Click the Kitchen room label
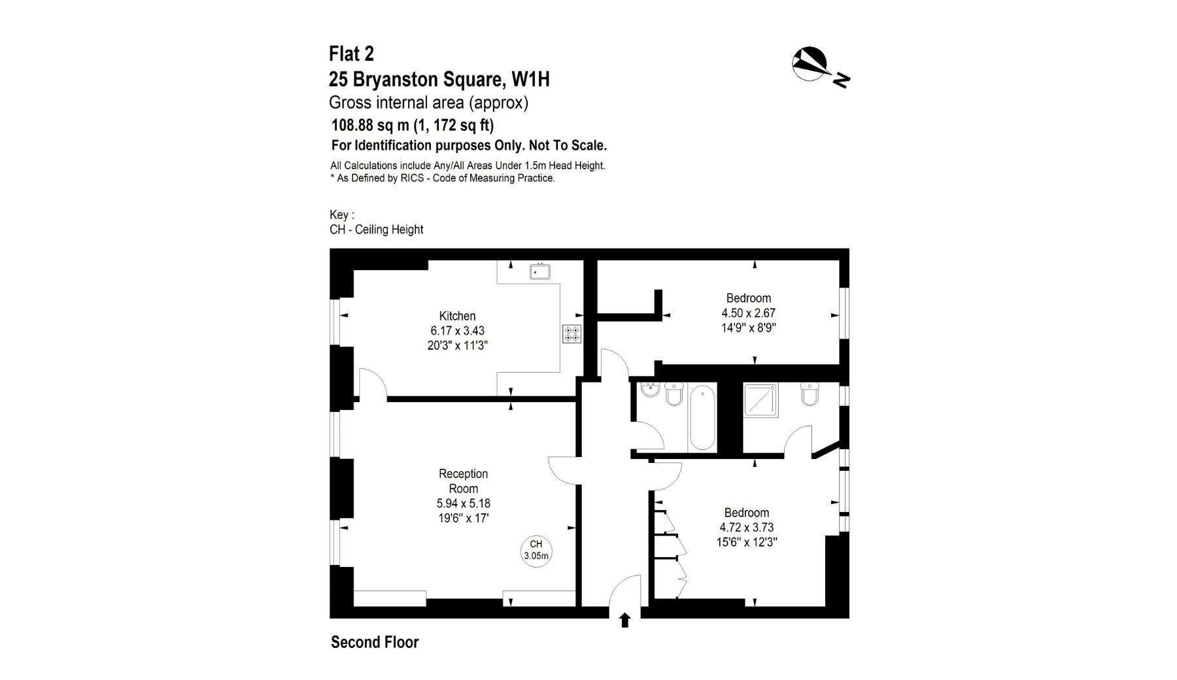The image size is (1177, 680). [457, 316]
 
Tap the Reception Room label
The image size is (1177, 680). [463, 481]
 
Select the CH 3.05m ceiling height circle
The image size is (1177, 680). [536, 551]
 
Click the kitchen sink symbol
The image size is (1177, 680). [539, 271]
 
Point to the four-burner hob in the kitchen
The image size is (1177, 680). [571, 333]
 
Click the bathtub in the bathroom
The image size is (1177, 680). [702, 417]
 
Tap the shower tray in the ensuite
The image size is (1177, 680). [761, 400]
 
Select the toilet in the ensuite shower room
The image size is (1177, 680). [810, 394]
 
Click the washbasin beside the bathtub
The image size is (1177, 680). [650, 390]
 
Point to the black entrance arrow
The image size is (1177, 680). [624, 620]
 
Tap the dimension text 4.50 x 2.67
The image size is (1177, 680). [748, 313]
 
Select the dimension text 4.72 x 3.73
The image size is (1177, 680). [746, 528]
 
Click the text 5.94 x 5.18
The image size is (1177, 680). [463, 503]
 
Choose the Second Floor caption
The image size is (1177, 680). [375, 642]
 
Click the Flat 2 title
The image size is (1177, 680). [351, 54]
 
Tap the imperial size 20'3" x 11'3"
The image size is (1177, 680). [457, 345]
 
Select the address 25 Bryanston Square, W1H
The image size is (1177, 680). [439, 79]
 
